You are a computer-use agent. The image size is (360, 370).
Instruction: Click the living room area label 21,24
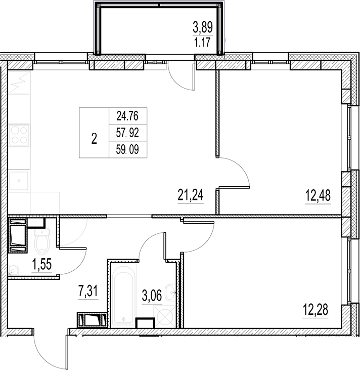click(x=190, y=195)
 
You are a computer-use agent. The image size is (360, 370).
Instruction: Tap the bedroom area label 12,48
click(x=318, y=195)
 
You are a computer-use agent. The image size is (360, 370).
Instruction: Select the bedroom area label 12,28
click(x=314, y=309)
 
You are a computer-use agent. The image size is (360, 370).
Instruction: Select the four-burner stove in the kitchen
click(x=19, y=134)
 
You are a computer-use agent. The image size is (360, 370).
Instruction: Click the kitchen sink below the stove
click(x=19, y=180)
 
